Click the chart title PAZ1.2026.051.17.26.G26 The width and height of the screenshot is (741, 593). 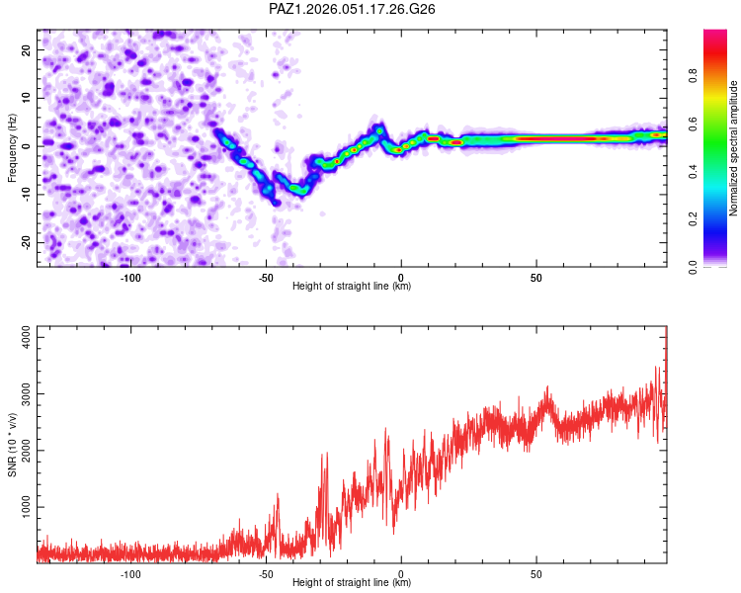point(353,9)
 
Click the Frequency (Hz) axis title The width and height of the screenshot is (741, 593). point(12,148)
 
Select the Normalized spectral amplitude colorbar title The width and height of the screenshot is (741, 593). point(734,148)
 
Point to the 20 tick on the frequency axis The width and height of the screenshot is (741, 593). point(27,48)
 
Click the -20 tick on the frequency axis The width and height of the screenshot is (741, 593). point(25,242)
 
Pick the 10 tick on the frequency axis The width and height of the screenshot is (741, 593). point(27,97)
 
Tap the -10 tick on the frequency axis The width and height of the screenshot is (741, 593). point(25,194)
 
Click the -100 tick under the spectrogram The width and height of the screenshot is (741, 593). point(130,278)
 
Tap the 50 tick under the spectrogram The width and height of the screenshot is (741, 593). point(535,278)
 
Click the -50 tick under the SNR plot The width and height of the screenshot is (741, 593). point(266,574)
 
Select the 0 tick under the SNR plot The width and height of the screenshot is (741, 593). point(401,574)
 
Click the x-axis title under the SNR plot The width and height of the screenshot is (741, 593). point(352,583)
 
